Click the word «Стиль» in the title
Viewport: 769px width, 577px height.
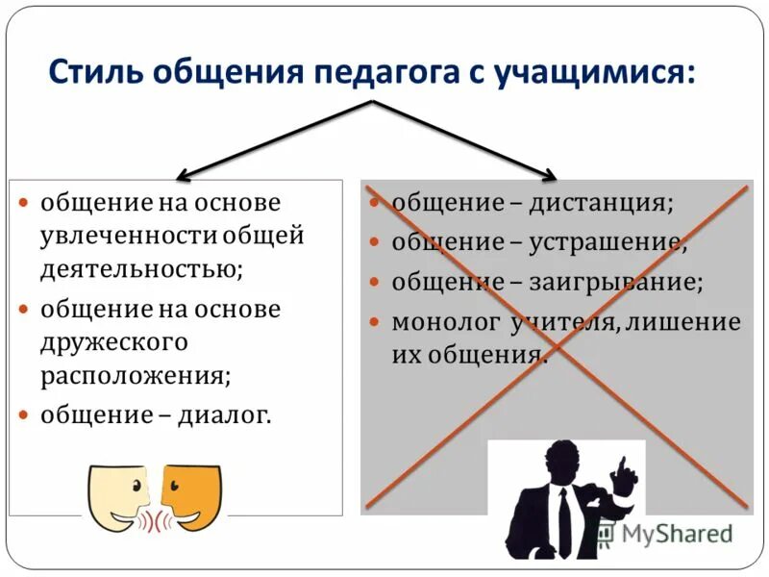click(90, 73)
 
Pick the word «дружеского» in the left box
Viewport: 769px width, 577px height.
click(114, 341)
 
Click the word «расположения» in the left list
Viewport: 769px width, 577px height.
click(133, 374)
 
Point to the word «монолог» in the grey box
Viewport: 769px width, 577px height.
click(434, 322)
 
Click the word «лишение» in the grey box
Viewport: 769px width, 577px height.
click(683, 322)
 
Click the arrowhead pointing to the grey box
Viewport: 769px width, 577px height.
click(550, 176)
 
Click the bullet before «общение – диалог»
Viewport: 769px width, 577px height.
click(25, 415)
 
